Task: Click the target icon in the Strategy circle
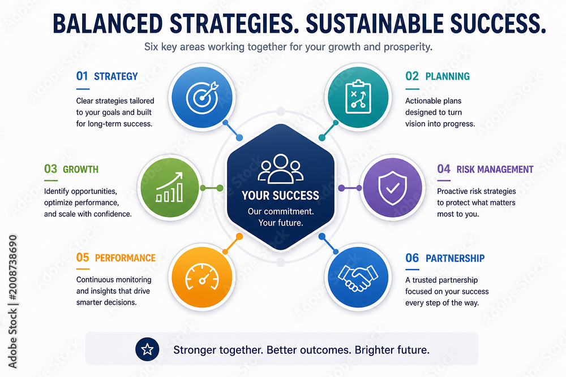click(202, 97)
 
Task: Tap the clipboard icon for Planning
click(358, 97)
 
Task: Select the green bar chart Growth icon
click(170, 188)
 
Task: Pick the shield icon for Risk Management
click(392, 188)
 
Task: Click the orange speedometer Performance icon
click(202, 277)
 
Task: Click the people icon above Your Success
click(281, 168)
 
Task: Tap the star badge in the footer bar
click(147, 349)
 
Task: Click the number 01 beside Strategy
click(82, 76)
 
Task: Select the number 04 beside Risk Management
click(444, 168)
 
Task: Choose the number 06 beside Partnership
click(412, 258)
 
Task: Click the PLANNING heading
click(447, 76)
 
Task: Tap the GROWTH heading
click(80, 169)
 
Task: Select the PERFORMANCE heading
click(125, 258)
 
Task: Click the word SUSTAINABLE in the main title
click(374, 23)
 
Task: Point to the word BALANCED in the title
click(108, 23)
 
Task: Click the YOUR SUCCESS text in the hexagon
click(281, 196)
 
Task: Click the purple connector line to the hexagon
click(350, 188)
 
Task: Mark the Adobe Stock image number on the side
click(12, 268)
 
